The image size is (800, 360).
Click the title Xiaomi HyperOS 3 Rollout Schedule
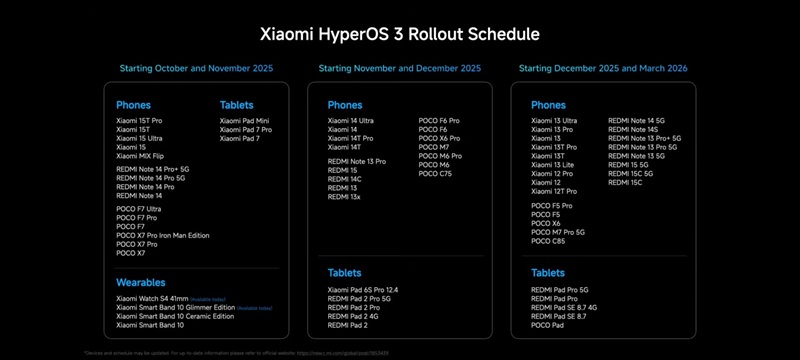point(400,34)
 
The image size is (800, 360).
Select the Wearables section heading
point(141,282)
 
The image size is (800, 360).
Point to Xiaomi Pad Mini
point(245,121)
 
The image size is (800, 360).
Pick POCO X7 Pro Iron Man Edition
point(163,235)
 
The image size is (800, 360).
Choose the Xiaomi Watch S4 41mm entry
point(152,298)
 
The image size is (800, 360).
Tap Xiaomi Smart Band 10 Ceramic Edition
point(175,316)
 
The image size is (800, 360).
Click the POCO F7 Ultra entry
point(139,209)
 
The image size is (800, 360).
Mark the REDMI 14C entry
point(344,179)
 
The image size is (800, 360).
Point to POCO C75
point(435,173)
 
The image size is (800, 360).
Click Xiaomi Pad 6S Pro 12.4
point(370,290)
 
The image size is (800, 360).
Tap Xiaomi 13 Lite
point(552,164)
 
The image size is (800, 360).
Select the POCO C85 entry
point(549,241)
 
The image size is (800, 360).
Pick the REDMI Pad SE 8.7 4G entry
point(564,307)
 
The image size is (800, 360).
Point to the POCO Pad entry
point(549,325)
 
